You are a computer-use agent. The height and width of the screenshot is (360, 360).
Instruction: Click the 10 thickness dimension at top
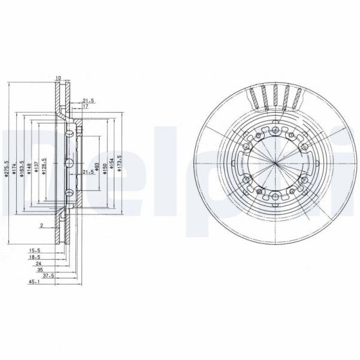click(x=58, y=78)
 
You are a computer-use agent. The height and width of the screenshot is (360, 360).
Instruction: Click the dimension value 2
click(x=41, y=226)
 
